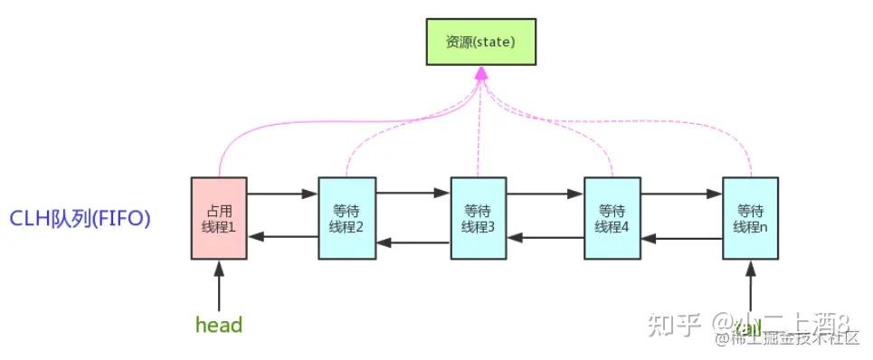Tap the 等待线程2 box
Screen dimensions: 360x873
pyautogui.click(x=346, y=218)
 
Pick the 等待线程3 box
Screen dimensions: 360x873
pyautogui.click(x=478, y=218)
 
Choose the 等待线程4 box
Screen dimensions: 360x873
pyautogui.click(x=612, y=218)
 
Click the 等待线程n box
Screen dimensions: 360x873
pyautogui.click(x=750, y=218)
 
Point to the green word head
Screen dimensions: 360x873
pyautogui.click(x=219, y=324)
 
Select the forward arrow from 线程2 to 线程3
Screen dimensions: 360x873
pyautogui.click(x=413, y=193)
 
